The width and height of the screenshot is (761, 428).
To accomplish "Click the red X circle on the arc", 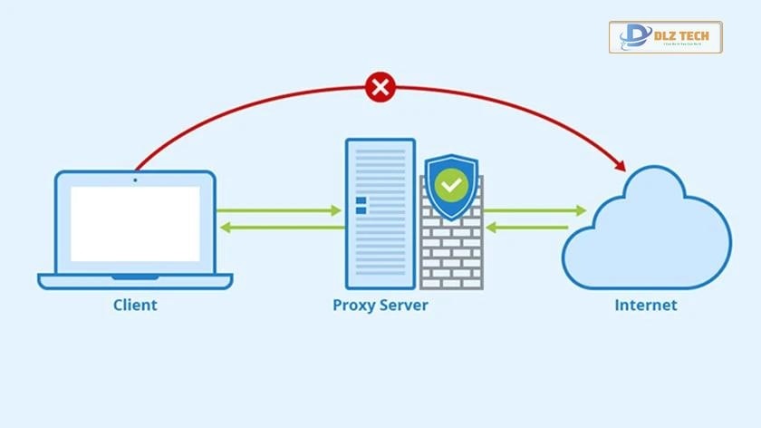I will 380,88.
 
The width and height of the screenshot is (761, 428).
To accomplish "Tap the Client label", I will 135,305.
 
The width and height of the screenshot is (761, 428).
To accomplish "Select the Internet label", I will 645,305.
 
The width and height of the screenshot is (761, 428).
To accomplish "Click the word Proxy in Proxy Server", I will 353,305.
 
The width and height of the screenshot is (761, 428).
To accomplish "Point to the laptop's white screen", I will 135,223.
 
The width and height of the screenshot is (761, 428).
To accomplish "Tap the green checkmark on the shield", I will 450,186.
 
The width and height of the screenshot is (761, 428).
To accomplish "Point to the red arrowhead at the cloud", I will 621,165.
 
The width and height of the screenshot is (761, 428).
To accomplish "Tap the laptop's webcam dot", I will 135,180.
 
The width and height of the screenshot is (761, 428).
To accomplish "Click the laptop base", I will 135,280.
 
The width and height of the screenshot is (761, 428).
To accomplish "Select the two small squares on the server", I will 361,205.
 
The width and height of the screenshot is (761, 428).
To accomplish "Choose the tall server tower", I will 380,214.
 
